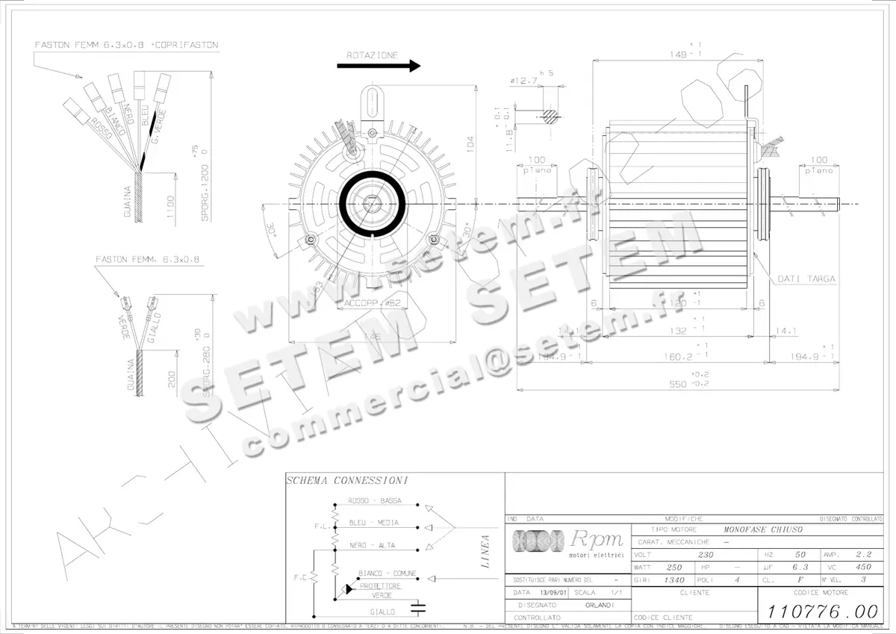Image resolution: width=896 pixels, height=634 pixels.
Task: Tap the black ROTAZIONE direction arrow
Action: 379,66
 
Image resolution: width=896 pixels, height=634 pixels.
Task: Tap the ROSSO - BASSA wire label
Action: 374,500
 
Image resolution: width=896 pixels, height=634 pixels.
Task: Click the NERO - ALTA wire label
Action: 372,545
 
